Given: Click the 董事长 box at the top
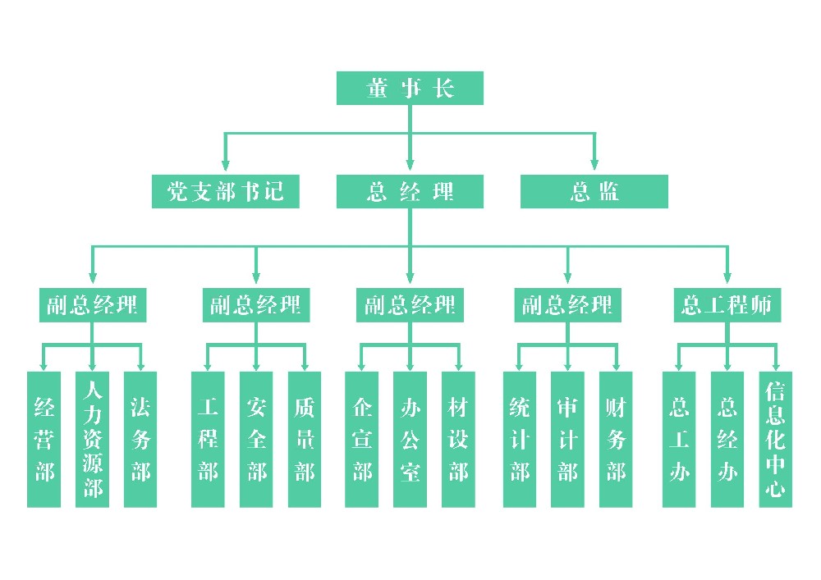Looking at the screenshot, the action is click(410, 88).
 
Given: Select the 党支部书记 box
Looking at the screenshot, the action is click(225, 191).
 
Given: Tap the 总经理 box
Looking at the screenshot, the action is click(410, 191).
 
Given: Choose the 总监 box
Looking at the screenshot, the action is click(594, 191).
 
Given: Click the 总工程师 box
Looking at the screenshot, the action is click(727, 305).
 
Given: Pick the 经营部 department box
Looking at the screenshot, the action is click(44, 440).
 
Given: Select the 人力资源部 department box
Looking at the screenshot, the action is click(92, 440).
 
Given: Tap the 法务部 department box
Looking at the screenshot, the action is click(140, 440).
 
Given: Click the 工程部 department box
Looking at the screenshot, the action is click(208, 440).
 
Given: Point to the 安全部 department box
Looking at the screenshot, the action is click(256, 440).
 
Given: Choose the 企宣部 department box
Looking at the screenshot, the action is click(361, 440).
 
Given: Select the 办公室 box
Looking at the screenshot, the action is click(410, 440).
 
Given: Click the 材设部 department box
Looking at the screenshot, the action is click(458, 440).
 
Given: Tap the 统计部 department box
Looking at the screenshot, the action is click(520, 440).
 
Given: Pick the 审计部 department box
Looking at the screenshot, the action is click(567, 440).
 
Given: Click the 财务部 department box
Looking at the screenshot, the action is click(616, 440).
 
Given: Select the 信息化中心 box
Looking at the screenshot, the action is click(776, 440).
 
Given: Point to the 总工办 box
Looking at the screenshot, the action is click(679, 440).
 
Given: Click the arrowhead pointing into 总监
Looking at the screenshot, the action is click(594, 164).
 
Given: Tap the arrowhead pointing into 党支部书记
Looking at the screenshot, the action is click(225, 164).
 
